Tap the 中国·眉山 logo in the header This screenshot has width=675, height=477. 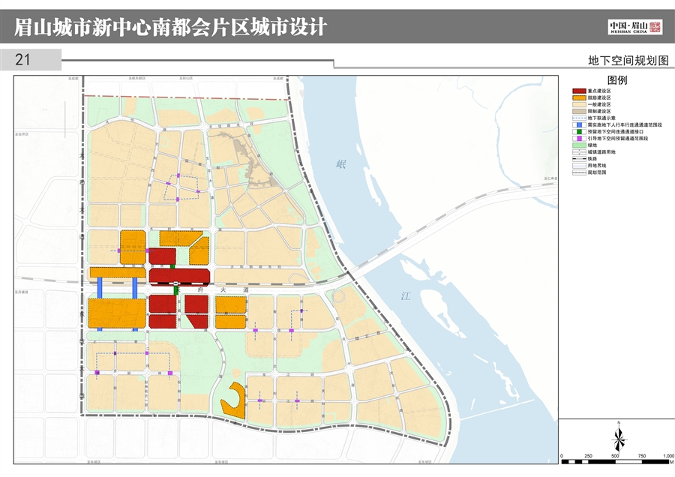(634, 28)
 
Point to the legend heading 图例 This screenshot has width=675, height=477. (616, 79)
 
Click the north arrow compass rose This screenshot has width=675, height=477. (619, 436)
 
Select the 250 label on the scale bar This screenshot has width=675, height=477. (588, 456)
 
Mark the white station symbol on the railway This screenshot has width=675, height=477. (173, 283)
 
